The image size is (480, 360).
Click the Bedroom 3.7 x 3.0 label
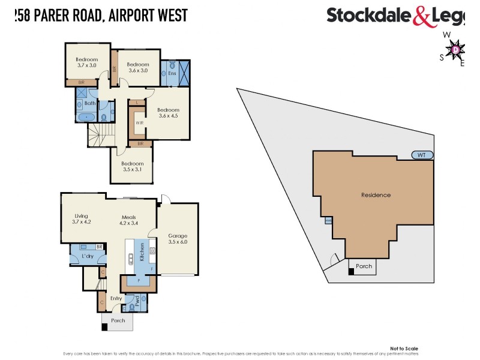[87, 63]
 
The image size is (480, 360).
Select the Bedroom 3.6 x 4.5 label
[169, 113]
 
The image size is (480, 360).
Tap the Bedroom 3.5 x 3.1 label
[133, 167]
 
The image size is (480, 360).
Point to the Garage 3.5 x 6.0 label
[178, 239]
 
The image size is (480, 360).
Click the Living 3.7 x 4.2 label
[81, 219]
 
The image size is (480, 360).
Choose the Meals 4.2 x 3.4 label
[129, 220]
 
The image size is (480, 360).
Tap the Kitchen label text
[141, 252]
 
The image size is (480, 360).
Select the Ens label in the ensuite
[172, 73]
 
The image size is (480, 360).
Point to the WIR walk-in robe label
[139, 122]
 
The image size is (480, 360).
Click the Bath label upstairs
[89, 103]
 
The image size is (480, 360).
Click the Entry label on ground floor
[116, 298]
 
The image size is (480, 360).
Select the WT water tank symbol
[422, 155]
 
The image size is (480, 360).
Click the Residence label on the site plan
[376, 195]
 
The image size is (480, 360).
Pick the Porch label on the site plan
[364, 266]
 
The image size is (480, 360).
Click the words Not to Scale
[404, 349]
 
